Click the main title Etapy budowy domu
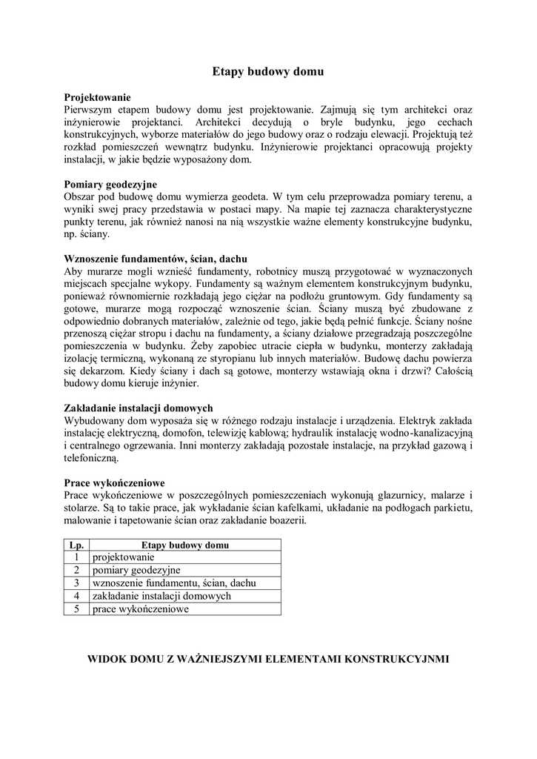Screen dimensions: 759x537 coord(268,72)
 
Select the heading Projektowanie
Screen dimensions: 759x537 coord(98,97)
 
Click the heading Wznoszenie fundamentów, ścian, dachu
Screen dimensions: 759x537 coord(156,260)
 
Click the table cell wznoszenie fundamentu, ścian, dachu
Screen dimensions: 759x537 coord(174,583)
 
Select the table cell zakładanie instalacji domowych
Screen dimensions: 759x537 coord(161,596)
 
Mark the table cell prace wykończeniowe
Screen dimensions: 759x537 coord(141,609)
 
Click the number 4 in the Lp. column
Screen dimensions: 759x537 coord(76,596)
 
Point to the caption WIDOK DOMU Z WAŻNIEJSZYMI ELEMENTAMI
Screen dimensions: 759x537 coord(268,658)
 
